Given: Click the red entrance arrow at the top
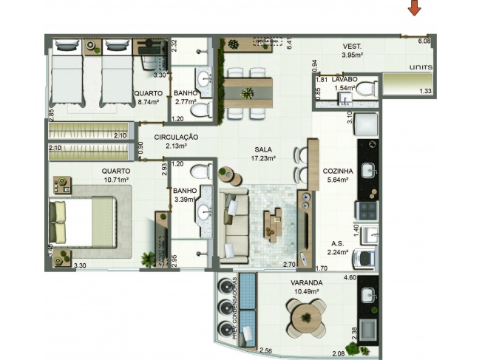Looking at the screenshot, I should tap(416, 8).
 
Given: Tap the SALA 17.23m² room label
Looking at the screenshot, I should tap(262, 153).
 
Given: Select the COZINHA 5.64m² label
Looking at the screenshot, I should tap(337, 175).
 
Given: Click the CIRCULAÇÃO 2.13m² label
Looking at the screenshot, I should tap(177, 141).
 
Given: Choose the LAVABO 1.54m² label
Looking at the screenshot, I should tap(345, 83).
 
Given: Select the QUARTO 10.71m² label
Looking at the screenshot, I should tap(115, 174).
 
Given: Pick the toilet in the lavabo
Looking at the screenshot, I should tap(370, 89).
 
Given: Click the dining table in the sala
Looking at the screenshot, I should tap(248, 93).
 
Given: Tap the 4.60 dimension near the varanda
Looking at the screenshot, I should tap(350, 278).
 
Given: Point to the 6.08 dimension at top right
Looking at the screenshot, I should tap(424, 41).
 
